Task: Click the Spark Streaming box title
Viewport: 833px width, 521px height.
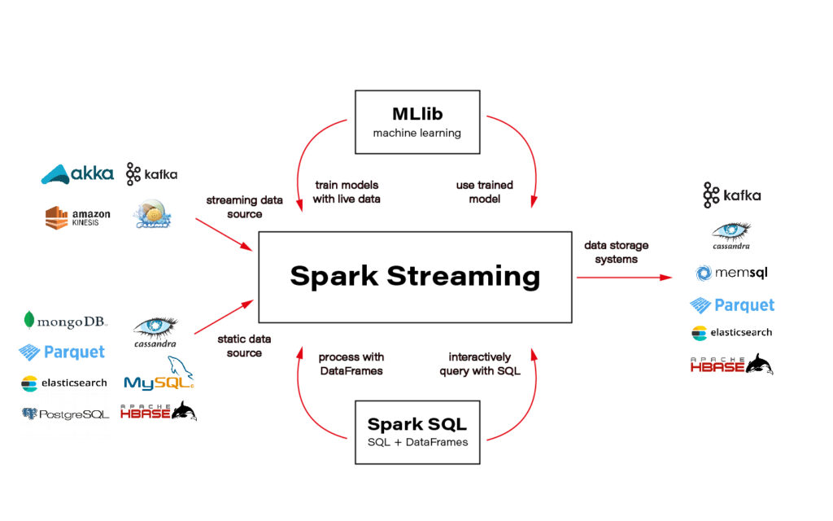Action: (x=415, y=276)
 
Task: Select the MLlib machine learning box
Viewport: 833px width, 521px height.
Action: (x=416, y=121)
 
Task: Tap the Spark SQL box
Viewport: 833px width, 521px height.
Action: (x=416, y=431)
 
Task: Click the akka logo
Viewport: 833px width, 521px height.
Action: (x=77, y=174)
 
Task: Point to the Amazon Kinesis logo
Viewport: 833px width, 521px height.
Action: (x=77, y=217)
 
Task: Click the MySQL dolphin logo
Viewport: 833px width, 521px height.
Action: (x=159, y=375)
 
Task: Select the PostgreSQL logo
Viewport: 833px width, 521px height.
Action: (x=65, y=414)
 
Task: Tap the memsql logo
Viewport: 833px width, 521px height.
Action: (x=731, y=273)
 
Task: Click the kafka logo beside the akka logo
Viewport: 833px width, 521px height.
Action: (x=151, y=174)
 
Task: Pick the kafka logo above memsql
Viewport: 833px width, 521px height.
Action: (x=732, y=195)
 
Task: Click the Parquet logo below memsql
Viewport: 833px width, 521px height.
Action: (x=732, y=305)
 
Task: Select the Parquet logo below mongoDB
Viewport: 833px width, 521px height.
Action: (x=62, y=352)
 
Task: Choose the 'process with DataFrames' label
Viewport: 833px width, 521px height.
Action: (x=351, y=364)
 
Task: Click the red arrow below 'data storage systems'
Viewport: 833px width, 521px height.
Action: (x=624, y=278)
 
